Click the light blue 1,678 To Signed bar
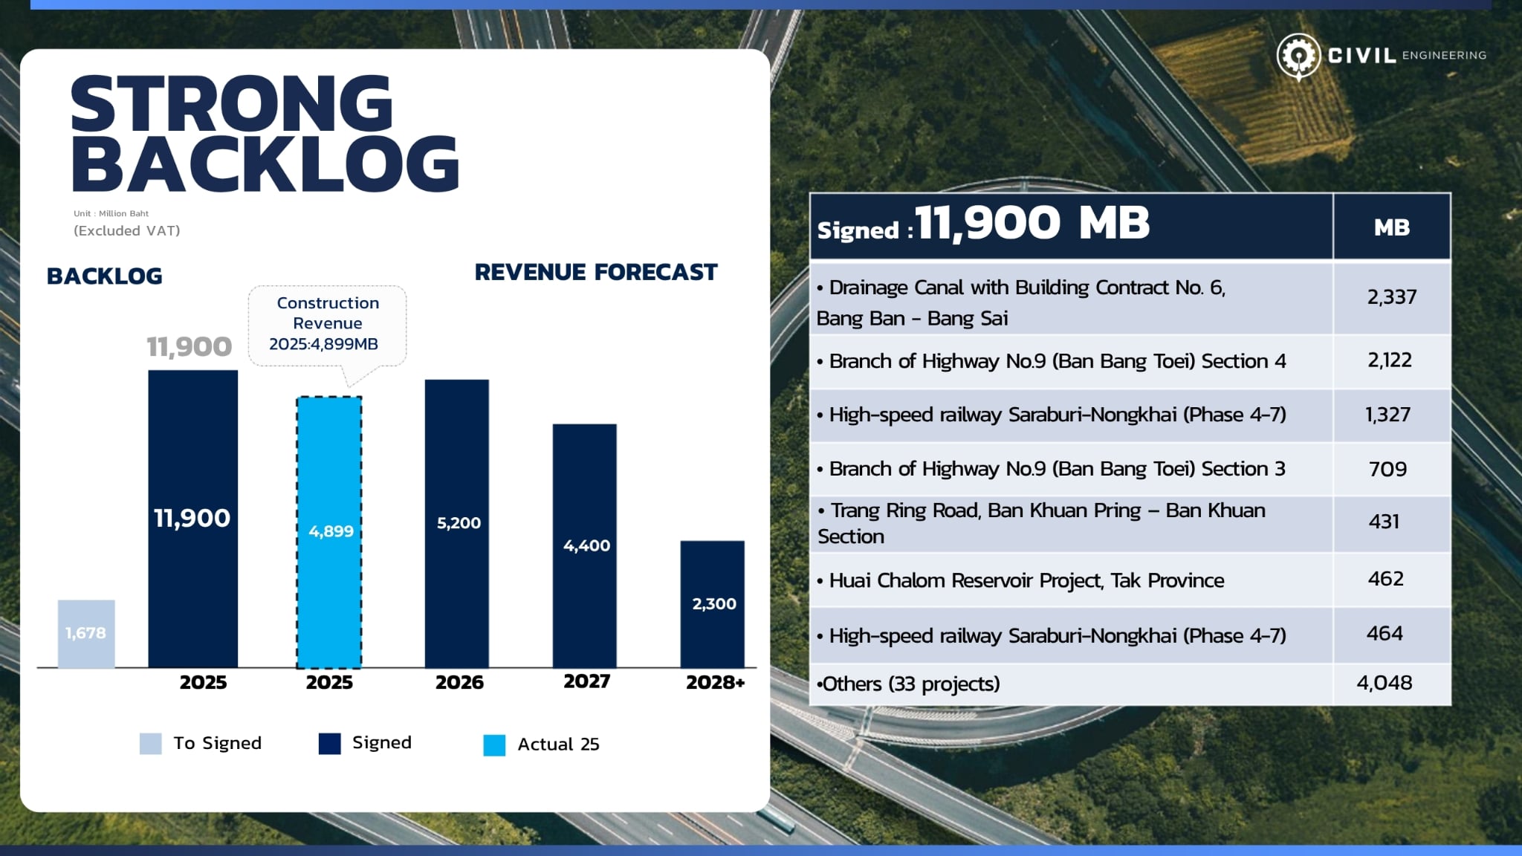[86, 634]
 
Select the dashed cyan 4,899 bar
[329, 532]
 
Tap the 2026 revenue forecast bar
[457, 523]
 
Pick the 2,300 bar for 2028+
[712, 603]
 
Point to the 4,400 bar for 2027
[585, 545]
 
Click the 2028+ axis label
[715, 682]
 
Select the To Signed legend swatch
[150, 744]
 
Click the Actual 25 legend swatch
[494, 745]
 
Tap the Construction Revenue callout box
[327, 324]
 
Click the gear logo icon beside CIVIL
[1298, 56]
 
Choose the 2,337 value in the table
[1391, 297]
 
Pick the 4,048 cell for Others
[1384, 683]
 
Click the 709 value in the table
[1387, 469]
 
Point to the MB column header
[1391, 227]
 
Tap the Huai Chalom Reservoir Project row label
[1026, 580]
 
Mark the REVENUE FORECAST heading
[596, 273]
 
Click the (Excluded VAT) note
[127, 231]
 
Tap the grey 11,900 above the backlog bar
[189, 347]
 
